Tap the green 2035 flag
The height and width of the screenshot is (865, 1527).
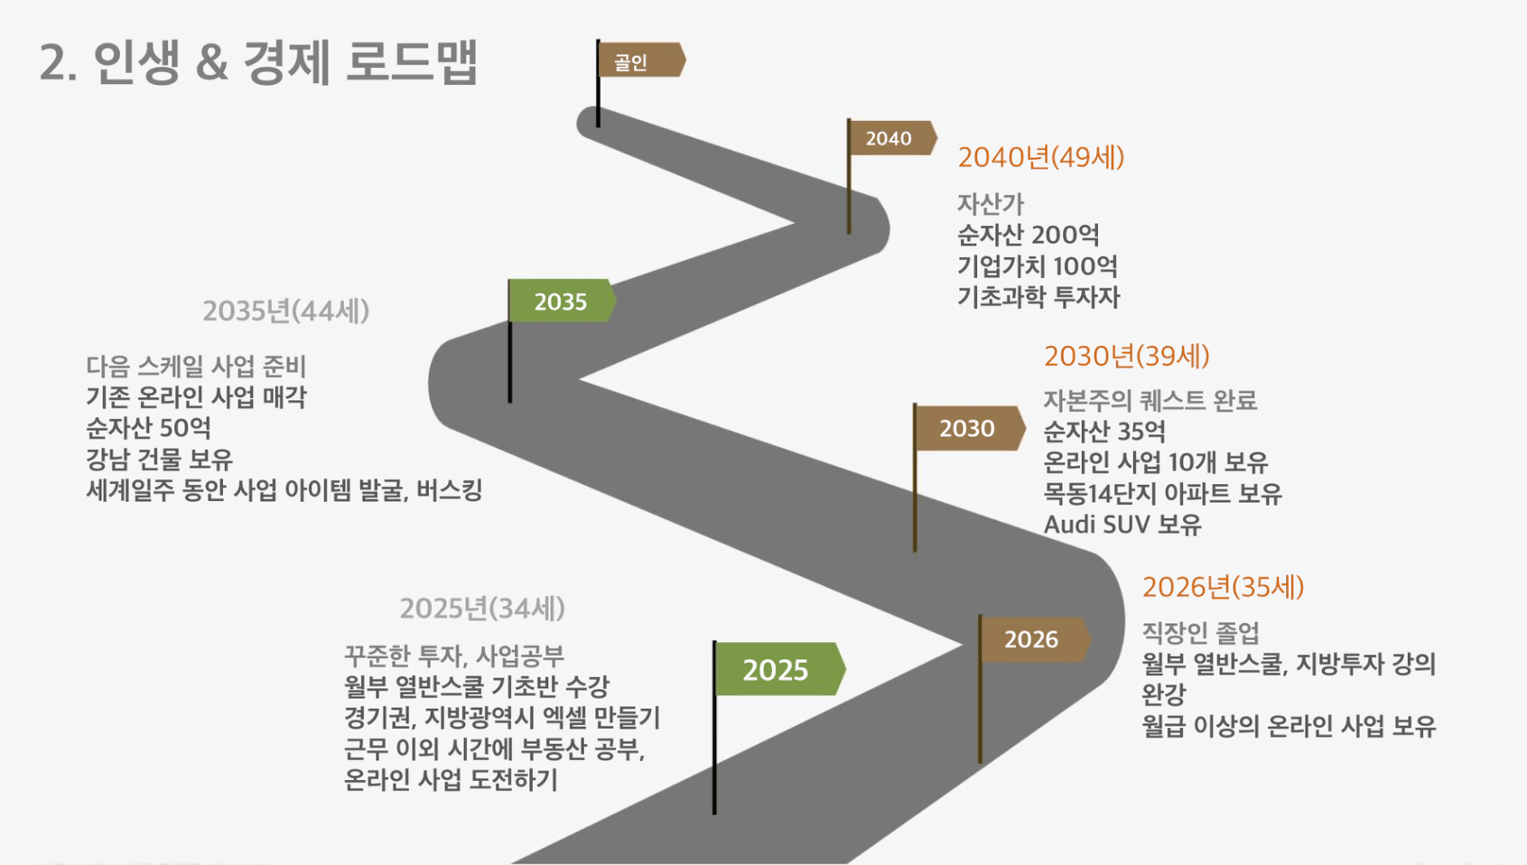tap(562, 301)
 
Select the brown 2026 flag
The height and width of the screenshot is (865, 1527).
tap(1033, 639)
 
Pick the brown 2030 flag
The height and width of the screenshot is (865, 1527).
tap(969, 428)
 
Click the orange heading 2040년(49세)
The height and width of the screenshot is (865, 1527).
tap(1041, 157)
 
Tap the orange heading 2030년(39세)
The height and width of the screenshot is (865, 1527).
tap(1127, 356)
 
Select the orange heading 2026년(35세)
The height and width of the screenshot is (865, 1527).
tap(1223, 587)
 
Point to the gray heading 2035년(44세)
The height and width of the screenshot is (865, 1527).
tap(285, 311)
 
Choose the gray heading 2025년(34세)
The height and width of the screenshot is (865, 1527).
tap(482, 608)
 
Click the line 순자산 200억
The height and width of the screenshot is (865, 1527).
tap(1028, 235)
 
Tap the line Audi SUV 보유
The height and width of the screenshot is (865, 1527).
tap(1122, 525)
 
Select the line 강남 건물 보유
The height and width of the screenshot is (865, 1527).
tap(160, 459)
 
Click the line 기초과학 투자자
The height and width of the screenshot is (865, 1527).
tap(1038, 296)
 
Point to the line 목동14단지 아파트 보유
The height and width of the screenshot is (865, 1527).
tap(1162, 494)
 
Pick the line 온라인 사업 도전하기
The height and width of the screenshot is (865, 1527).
tap(451, 779)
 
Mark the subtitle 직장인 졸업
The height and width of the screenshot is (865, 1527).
tap(1200, 633)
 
